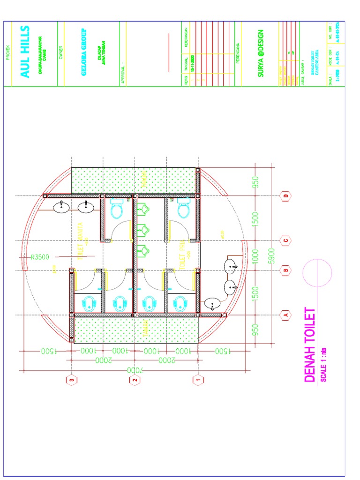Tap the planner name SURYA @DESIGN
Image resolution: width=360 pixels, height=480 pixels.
261,53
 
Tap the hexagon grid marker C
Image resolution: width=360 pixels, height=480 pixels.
284,240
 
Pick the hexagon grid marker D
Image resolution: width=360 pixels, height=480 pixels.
284,195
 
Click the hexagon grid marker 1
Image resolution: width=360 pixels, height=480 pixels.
199,380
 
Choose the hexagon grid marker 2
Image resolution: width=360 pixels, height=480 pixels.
135,380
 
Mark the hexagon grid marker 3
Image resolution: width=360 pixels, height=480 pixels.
71,380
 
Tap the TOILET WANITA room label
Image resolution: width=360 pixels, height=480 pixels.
80,241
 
